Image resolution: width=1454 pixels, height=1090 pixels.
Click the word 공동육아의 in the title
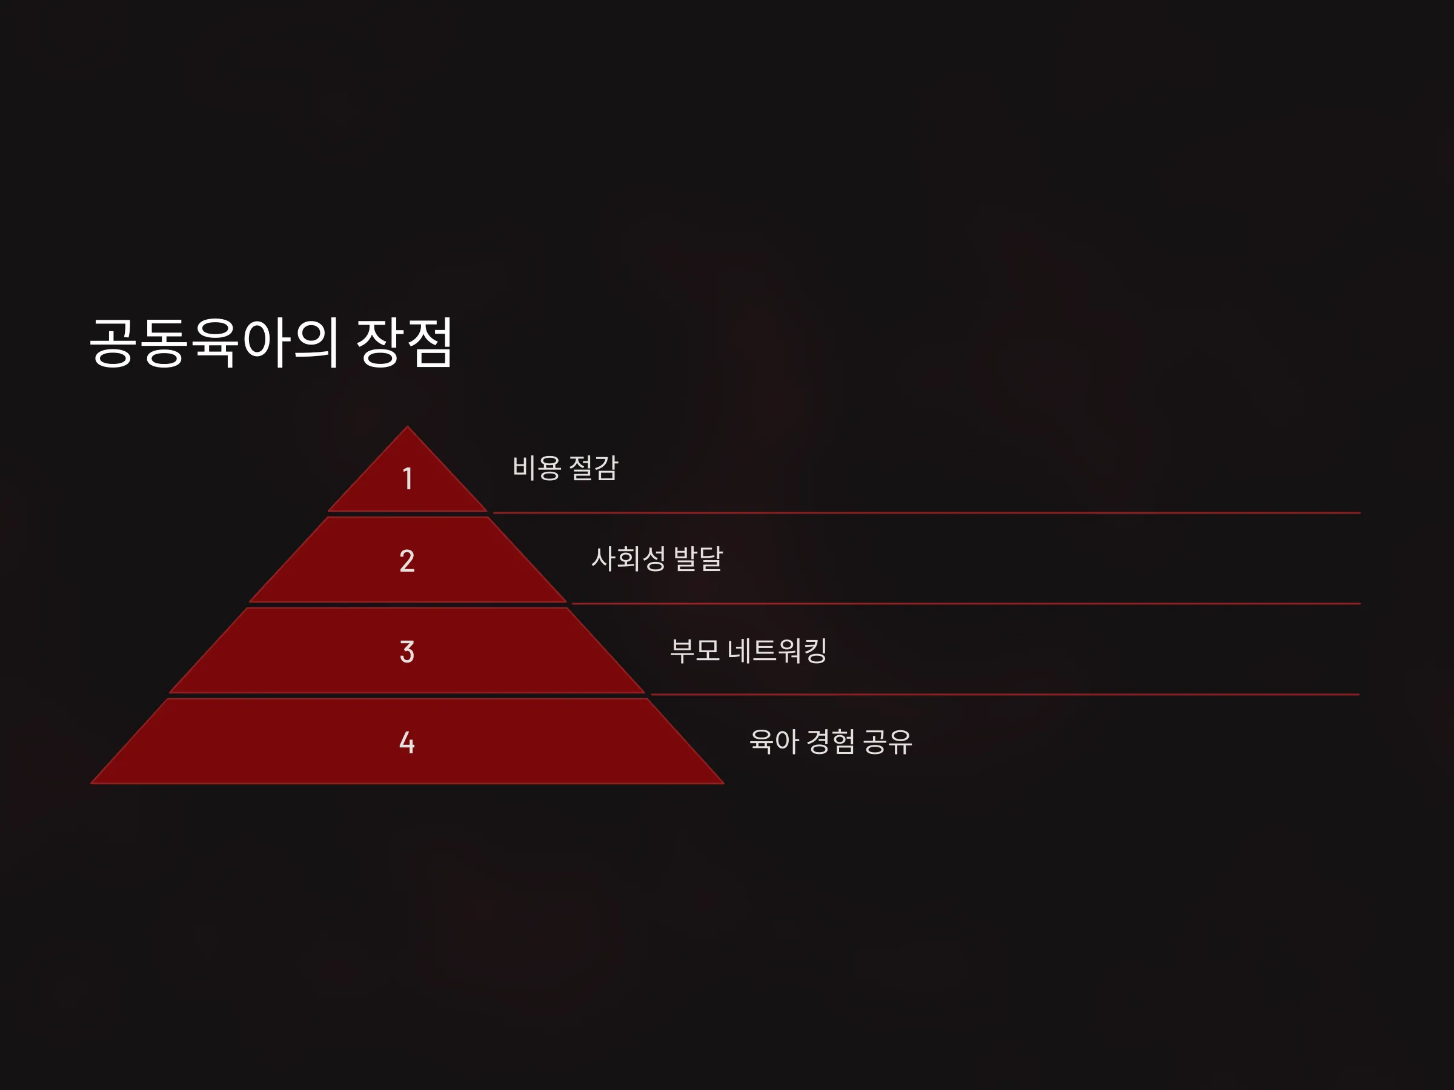214,343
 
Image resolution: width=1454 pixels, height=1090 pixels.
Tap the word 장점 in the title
404,342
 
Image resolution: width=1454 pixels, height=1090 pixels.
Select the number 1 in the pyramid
408,478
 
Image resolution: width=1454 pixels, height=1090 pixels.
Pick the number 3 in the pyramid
407,652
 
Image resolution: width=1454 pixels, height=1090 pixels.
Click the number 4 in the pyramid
407,742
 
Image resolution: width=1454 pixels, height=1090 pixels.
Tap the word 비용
536,469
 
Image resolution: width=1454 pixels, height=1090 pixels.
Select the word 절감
594,469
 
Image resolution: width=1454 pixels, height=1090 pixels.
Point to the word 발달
699,559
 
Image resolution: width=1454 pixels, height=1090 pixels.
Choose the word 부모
695,650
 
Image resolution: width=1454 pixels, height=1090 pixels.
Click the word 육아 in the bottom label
774,742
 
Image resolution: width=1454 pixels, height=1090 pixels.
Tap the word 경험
831,742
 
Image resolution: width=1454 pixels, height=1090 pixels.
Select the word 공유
888,742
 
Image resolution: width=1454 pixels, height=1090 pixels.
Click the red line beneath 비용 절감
927,512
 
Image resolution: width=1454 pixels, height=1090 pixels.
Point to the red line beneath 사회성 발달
966,603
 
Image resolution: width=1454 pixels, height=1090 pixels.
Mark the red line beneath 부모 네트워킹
1005,694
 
